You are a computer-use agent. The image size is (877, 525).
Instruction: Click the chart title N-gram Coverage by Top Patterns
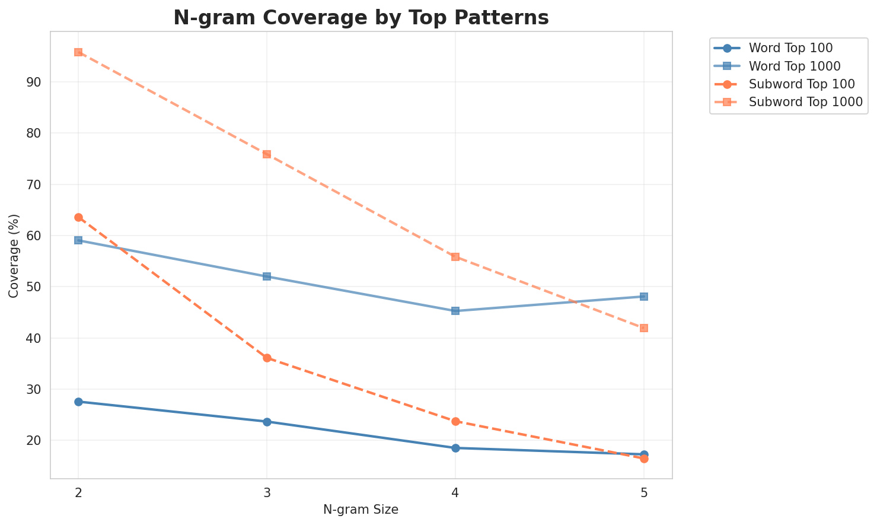(x=361, y=18)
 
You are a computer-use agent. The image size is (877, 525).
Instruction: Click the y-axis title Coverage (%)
(x=14, y=255)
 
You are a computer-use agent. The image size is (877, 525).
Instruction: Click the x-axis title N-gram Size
(x=361, y=510)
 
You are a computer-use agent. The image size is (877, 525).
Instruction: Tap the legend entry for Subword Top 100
(x=793, y=84)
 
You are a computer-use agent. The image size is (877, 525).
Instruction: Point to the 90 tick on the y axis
(x=34, y=82)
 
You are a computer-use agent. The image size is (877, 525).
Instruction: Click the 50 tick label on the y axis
(x=34, y=287)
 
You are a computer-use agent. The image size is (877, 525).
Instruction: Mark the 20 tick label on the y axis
(x=34, y=441)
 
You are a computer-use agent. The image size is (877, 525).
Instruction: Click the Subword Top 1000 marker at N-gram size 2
(x=78, y=52)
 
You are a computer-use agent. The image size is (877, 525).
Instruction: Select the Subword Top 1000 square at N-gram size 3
(x=267, y=154)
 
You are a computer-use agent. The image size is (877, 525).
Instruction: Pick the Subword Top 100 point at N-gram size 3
(x=267, y=358)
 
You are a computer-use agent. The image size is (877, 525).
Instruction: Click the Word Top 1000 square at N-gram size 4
(x=455, y=311)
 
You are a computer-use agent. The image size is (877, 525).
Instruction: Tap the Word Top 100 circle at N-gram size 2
(x=78, y=402)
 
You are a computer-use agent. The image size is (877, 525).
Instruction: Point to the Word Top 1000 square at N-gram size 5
(x=644, y=297)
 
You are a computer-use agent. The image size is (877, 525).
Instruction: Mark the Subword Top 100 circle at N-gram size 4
(x=455, y=421)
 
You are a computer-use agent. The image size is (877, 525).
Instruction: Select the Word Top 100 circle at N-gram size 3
(x=267, y=422)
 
